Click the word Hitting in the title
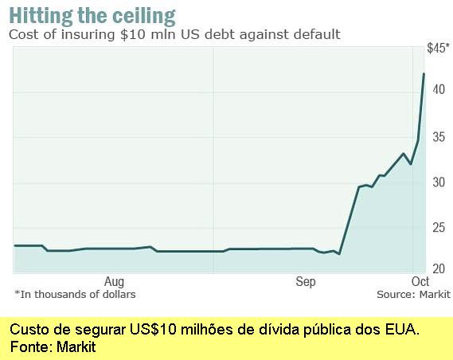click(x=41, y=15)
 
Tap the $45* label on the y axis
click(x=438, y=49)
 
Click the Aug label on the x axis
click(x=115, y=281)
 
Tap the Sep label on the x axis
click(x=306, y=281)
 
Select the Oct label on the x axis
click(x=420, y=281)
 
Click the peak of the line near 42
click(x=424, y=73)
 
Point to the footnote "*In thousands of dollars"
click(x=75, y=294)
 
